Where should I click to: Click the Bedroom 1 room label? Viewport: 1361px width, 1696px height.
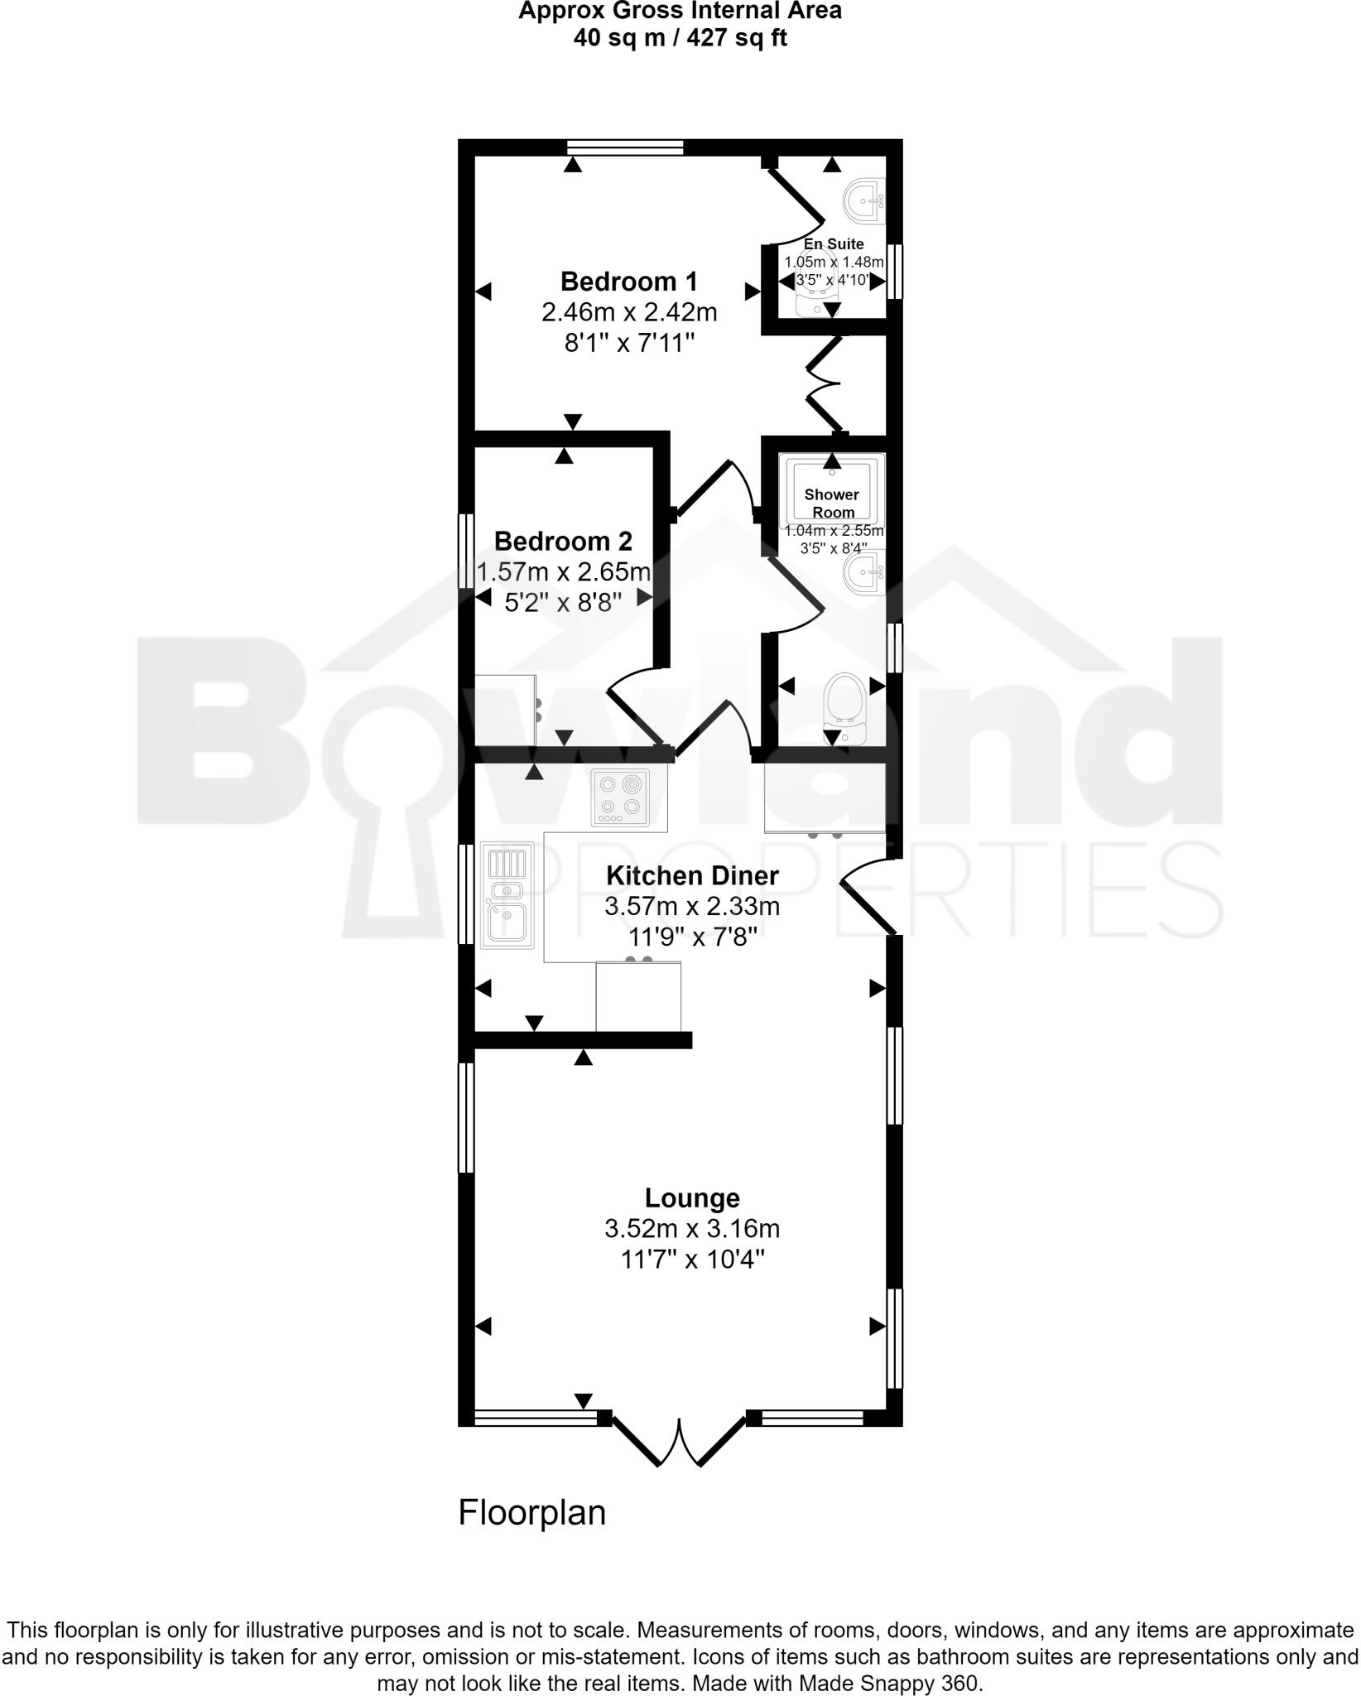coord(629,282)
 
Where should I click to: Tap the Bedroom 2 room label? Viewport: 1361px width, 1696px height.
coord(563,541)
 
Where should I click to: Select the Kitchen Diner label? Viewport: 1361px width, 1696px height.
coord(692,875)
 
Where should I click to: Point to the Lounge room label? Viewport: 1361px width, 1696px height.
coord(692,1198)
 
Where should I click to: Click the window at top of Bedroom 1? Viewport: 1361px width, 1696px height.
coord(626,147)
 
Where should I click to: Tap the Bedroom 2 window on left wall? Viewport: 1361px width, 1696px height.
coord(466,551)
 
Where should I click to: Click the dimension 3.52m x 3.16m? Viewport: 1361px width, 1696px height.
coord(692,1229)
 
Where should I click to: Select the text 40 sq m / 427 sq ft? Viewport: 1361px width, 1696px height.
coord(680,38)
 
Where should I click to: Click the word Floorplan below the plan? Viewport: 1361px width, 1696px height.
coord(531,1512)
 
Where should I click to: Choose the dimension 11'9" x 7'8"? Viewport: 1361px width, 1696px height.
coord(692,937)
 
